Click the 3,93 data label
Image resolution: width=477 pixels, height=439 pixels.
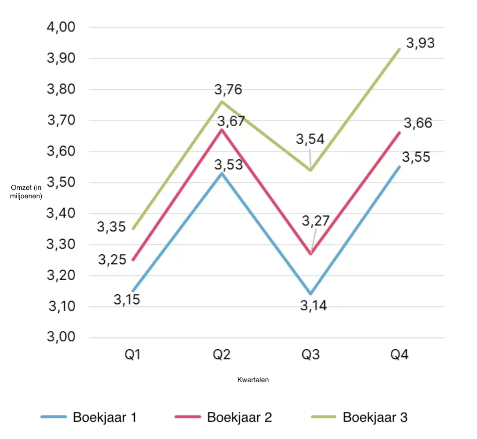click(x=420, y=43)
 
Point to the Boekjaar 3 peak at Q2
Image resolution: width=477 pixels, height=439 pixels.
click(x=222, y=102)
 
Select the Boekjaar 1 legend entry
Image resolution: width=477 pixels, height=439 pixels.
click(x=89, y=417)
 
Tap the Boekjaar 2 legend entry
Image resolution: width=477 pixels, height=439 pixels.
click(x=223, y=417)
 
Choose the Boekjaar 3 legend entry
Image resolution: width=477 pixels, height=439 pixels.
click(x=359, y=417)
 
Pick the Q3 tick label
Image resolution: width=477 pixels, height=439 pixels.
click(x=310, y=354)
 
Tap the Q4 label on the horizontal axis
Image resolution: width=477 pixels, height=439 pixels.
click(x=399, y=354)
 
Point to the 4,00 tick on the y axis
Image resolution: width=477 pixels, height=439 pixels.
click(x=61, y=27)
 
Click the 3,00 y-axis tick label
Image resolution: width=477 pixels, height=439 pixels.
click(x=61, y=337)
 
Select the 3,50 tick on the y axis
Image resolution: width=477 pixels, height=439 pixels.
click(x=61, y=182)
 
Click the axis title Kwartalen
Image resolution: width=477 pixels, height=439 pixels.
click(x=253, y=380)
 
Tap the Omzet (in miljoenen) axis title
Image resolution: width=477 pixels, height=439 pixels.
click(x=26, y=192)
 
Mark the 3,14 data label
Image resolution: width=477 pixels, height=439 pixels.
click(x=314, y=306)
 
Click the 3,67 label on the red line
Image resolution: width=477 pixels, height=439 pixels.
click(x=231, y=121)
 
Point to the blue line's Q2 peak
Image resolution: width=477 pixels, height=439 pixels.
click(x=222, y=173)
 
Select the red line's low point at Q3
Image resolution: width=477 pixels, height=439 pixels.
click(x=310, y=254)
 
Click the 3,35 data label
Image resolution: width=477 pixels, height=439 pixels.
click(x=111, y=227)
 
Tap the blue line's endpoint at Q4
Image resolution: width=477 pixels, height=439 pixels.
click(x=399, y=166)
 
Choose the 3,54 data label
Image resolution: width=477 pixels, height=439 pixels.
click(x=310, y=140)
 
